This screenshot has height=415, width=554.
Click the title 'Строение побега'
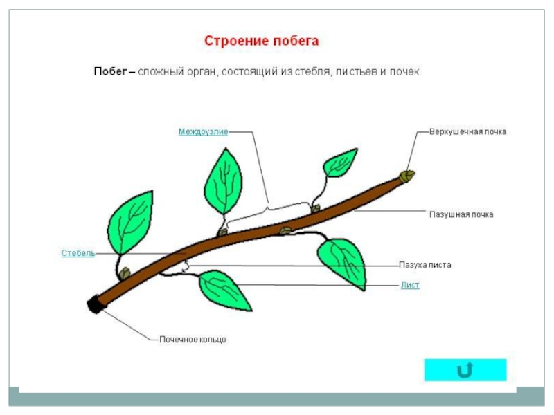coord(261,41)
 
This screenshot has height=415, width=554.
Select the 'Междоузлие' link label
coord(203,131)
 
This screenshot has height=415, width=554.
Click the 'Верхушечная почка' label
coord(467,131)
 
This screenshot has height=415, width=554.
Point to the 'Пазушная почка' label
coord(461,215)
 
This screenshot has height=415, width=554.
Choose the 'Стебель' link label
coord(78,254)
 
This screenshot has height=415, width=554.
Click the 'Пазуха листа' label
coord(425,265)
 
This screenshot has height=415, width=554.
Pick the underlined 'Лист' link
coord(410,285)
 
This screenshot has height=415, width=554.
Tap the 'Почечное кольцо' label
coord(193,340)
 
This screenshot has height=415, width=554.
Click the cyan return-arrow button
coord(465,370)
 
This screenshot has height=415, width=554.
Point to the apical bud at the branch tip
coord(409,176)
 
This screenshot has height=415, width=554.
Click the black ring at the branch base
coord(94,305)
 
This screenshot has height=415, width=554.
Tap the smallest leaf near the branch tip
coord(340,163)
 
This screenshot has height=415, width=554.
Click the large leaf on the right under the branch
coord(345,261)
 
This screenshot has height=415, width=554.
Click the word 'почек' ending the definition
coord(406,72)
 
